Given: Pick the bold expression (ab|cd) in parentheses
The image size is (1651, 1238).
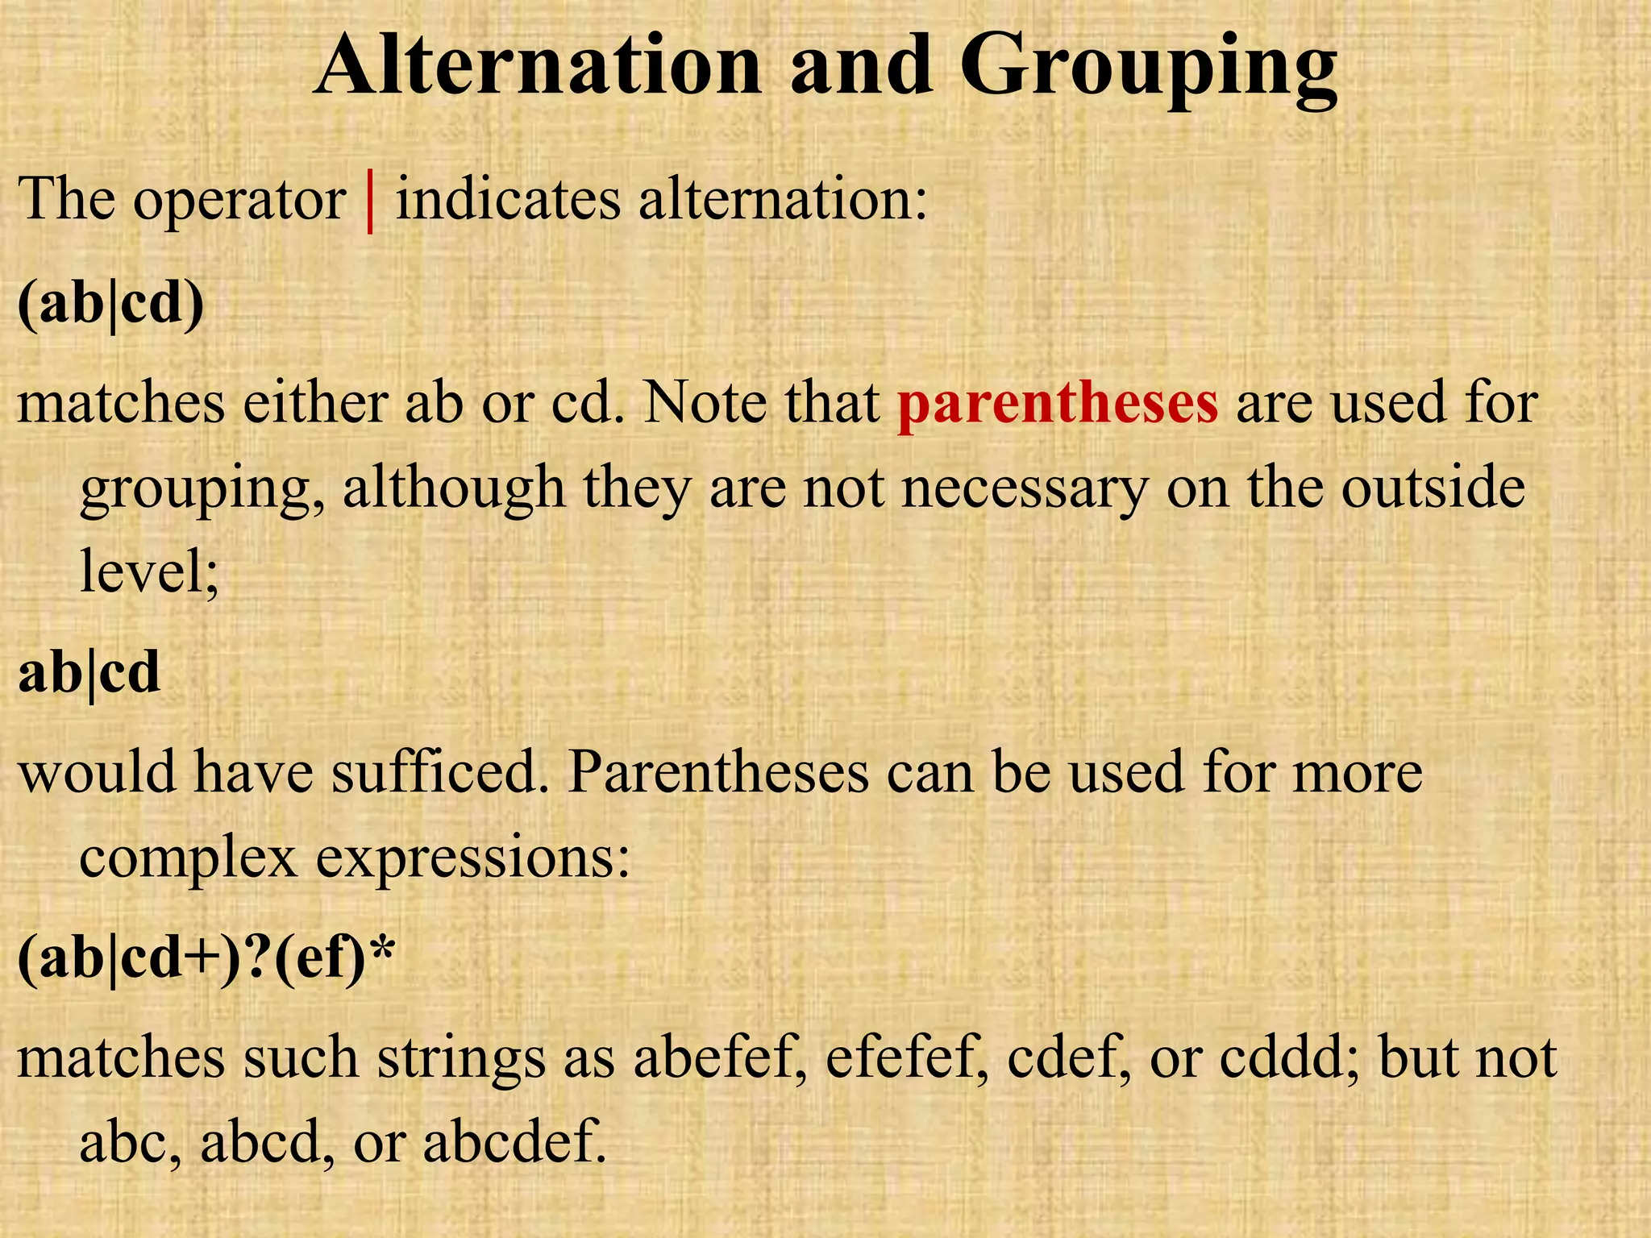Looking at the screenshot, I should pos(110,305).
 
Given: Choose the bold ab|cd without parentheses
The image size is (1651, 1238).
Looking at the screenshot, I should pos(89,673).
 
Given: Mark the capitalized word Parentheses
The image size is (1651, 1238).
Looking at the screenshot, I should pos(717,772).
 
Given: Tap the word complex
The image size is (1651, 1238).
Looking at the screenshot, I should pos(188,858).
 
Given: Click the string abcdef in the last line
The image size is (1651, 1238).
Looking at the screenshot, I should pos(514,1142).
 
